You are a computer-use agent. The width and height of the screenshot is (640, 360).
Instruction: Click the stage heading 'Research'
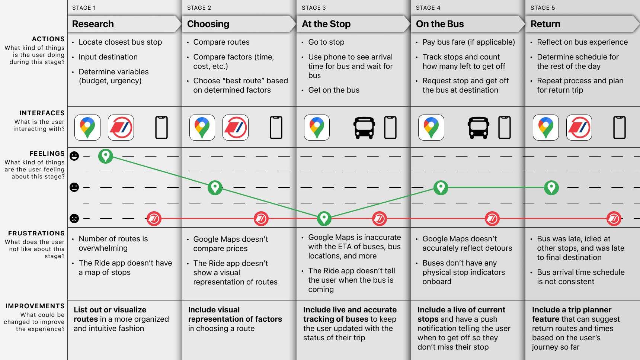(93, 24)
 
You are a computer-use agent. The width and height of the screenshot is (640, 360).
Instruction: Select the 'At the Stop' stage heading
(326, 24)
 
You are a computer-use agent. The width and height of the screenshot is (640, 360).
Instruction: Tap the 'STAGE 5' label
(543, 8)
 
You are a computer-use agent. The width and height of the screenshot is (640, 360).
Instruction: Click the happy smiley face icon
(74, 156)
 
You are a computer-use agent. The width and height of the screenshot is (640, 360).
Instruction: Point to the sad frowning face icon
(74, 218)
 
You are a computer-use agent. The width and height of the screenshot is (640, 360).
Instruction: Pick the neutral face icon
(74, 187)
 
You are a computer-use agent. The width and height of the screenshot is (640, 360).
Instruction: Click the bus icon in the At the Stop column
(364, 128)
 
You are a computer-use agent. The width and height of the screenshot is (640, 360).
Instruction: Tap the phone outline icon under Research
(161, 128)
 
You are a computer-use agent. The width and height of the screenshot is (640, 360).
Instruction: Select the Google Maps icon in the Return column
(545, 128)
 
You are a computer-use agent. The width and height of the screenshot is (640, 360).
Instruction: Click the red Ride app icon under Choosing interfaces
(235, 128)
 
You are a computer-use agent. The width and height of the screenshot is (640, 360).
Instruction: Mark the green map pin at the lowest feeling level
(324, 218)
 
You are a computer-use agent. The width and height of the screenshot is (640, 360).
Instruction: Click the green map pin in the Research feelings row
(106, 156)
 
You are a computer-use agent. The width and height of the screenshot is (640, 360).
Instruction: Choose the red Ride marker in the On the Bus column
(492, 219)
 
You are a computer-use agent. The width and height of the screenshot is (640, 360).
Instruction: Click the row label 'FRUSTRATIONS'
(36, 234)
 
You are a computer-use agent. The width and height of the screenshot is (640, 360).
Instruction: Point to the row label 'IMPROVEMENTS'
(35, 306)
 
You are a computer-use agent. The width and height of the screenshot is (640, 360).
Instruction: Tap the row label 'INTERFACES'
(42, 113)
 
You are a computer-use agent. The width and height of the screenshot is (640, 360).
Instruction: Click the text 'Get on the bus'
(334, 90)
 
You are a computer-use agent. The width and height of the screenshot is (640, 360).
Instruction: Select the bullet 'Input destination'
(108, 57)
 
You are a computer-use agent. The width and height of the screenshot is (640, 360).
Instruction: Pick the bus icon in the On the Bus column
(478, 128)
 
